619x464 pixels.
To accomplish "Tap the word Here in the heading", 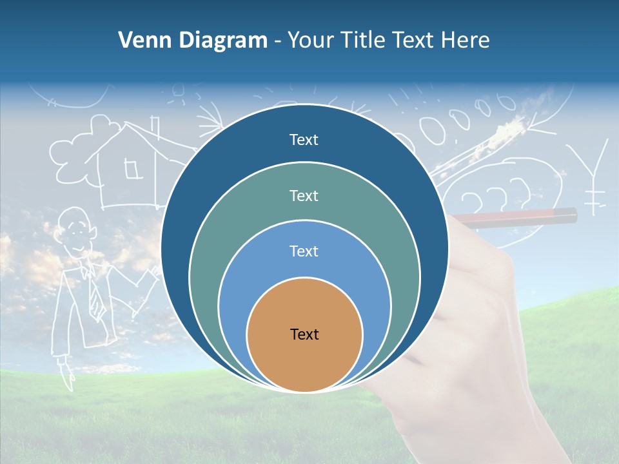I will (466, 41).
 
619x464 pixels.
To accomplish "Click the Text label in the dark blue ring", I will (304, 140).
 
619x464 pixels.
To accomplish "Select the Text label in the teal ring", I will (304, 195).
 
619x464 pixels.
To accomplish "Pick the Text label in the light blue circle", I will (304, 251).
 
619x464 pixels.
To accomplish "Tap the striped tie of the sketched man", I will (95, 293).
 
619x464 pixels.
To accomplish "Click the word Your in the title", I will (308, 41).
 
